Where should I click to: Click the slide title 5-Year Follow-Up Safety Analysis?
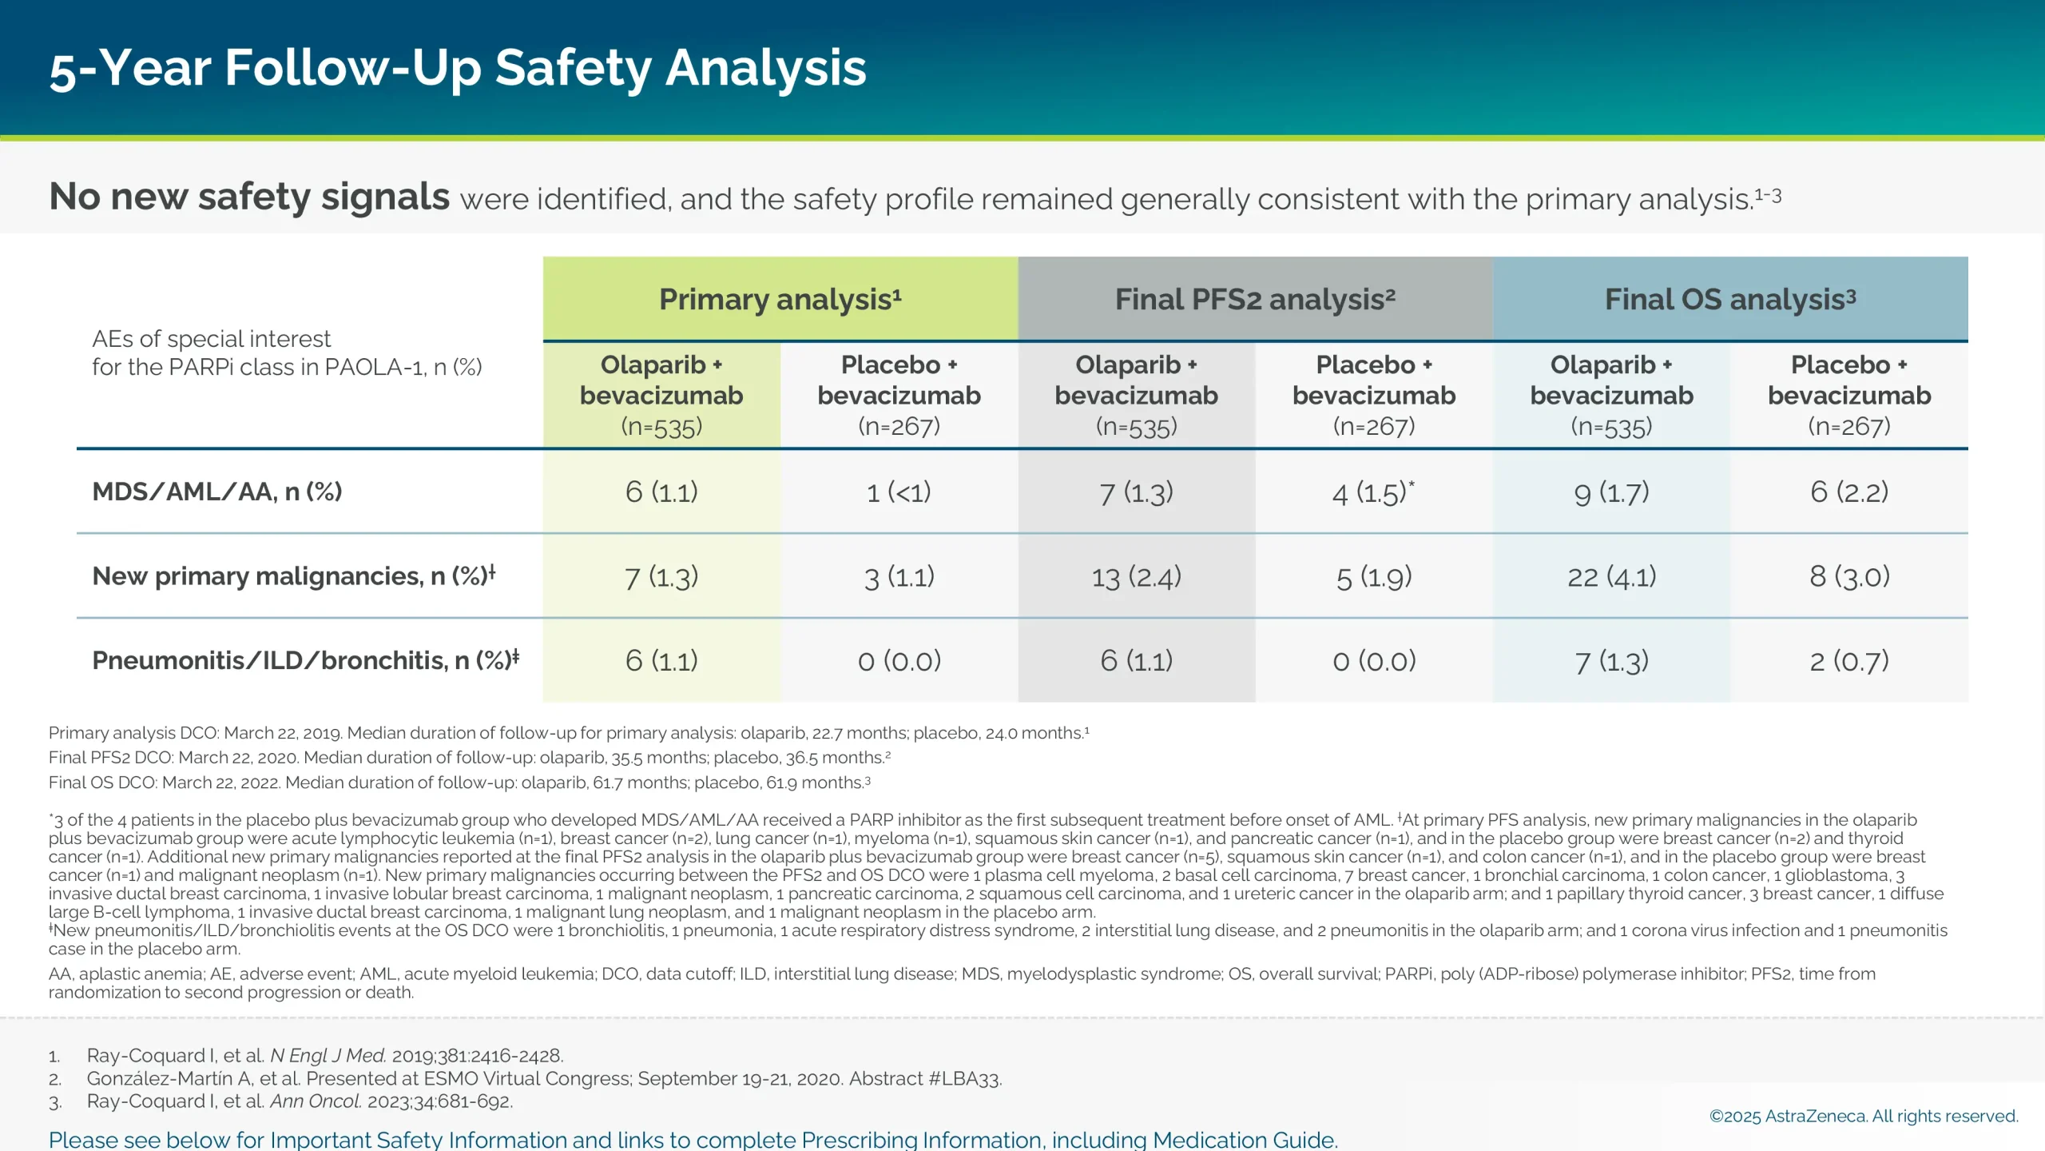pyautogui.click(x=457, y=68)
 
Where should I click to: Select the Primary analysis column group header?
pyautogui.click(x=780, y=300)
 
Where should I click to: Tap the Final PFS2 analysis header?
pyautogui.click(x=1255, y=300)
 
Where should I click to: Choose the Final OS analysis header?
pyautogui.click(x=1730, y=300)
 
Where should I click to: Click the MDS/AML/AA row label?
pyautogui.click(x=217, y=492)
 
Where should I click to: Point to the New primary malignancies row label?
pyautogui.click(x=293, y=576)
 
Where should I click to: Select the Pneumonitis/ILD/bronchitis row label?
pyautogui.click(x=305, y=661)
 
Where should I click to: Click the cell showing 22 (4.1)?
pyautogui.click(x=1611, y=576)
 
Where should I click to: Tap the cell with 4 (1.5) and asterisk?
pyautogui.click(x=1373, y=492)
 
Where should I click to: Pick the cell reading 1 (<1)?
pyautogui.click(x=899, y=492)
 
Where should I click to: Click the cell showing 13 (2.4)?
pyautogui.click(x=1136, y=576)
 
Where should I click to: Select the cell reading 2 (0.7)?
pyautogui.click(x=1848, y=661)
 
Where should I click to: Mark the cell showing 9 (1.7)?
pyautogui.click(x=1611, y=492)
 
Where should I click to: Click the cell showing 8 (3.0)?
pyautogui.click(x=1848, y=576)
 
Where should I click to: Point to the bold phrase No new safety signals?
pyautogui.click(x=249, y=197)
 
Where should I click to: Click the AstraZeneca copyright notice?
pyautogui.click(x=1863, y=1116)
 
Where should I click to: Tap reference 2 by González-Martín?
pyautogui.click(x=543, y=1079)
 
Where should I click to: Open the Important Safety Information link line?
pyautogui.click(x=693, y=1139)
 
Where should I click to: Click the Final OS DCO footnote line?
pyautogui.click(x=459, y=783)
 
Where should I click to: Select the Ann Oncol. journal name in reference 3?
pyautogui.click(x=316, y=1101)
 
